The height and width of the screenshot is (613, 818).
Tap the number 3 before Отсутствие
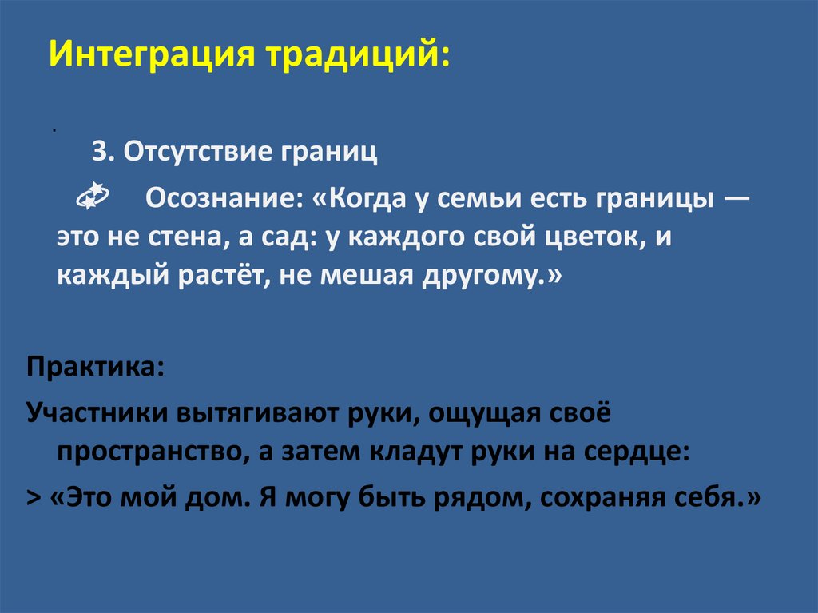[x=99, y=152]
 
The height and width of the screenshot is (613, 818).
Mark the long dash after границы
[x=737, y=197]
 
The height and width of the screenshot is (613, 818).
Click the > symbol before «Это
[x=34, y=498]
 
